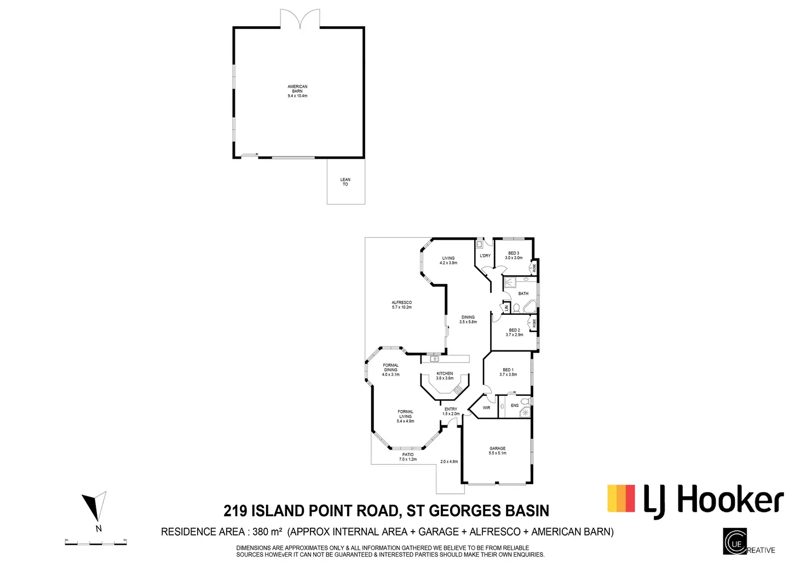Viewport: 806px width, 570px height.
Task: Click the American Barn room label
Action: [x=297, y=91]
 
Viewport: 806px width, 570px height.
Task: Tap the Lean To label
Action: [x=345, y=182]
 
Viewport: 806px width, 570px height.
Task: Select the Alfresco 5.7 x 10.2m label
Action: [x=401, y=305]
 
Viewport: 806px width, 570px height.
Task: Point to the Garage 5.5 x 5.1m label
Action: [x=497, y=451]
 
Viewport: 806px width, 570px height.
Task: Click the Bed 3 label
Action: [x=514, y=255]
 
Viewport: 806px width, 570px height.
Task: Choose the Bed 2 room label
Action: [x=514, y=332]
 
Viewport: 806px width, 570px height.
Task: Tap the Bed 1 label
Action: [x=508, y=372]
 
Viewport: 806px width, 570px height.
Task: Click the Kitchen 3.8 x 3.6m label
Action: [x=445, y=376]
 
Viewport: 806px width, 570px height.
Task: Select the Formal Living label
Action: [x=405, y=416]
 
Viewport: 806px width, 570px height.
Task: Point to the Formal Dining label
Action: [x=391, y=370]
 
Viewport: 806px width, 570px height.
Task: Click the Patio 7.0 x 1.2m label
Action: [x=408, y=457]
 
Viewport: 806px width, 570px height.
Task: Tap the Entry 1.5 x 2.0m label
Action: [x=451, y=411]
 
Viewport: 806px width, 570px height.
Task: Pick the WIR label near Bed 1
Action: [x=486, y=408]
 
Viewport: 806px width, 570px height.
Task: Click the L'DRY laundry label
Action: [x=485, y=256]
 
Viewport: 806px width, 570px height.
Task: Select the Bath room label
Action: [x=523, y=293]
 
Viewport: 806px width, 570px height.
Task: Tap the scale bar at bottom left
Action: [x=96, y=543]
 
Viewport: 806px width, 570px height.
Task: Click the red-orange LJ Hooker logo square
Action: [x=621, y=498]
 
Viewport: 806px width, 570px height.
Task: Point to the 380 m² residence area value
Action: [x=267, y=532]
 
